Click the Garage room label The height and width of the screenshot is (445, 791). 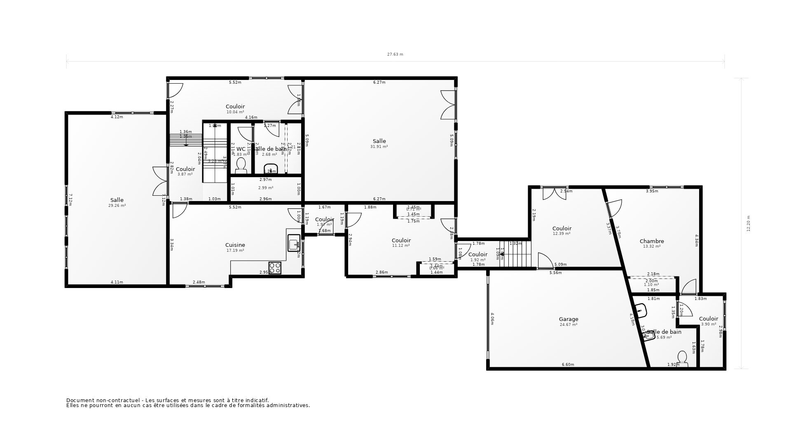click(x=569, y=319)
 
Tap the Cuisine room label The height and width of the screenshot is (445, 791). click(x=235, y=245)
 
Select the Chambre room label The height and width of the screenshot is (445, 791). click(x=652, y=241)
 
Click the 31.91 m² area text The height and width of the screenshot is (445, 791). click(x=379, y=147)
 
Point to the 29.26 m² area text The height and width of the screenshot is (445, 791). click(x=117, y=206)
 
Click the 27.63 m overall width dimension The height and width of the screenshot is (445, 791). click(x=395, y=54)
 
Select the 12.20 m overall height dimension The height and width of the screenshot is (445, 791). click(x=749, y=223)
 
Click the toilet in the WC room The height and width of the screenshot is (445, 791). click(x=241, y=166)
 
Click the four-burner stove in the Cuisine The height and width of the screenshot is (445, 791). click(x=275, y=268)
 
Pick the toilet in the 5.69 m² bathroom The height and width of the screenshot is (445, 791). click(x=682, y=358)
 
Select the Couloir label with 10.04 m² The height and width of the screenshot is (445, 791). click(x=235, y=107)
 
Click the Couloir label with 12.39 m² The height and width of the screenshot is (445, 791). click(x=562, y=229)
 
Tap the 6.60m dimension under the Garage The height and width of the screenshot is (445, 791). click(x=568, y=365)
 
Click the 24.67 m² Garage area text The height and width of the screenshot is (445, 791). click(x=569, y=325)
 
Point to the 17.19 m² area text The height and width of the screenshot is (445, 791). click(x=235, y=251)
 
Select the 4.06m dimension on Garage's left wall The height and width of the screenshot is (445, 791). click(x=492, y=319)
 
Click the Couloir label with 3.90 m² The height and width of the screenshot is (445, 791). click(x=708, y=319)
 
